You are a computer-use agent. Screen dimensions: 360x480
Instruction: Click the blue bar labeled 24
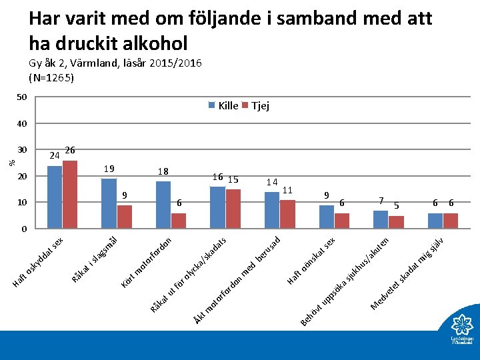tap(55, 197)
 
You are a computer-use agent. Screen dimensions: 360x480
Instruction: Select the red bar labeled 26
tap(70, 194)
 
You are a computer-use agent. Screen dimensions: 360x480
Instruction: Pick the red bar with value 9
tap(125, 217)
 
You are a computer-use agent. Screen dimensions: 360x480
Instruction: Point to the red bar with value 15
tap(233, 209)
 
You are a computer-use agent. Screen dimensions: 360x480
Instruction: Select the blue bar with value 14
tap(272, 210)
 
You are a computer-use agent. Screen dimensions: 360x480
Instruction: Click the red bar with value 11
tap(287, 214)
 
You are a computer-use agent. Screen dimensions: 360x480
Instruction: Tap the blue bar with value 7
tap(381, 219)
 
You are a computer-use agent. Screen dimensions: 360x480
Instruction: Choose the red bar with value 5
tap(396, 222)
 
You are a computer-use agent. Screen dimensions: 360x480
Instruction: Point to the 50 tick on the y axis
tap(21, 97)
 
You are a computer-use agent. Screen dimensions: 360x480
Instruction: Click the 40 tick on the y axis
tap(21, 123)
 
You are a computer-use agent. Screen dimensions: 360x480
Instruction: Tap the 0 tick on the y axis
tap(24, 229)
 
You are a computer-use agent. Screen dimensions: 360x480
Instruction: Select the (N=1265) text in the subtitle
tap(51, 77)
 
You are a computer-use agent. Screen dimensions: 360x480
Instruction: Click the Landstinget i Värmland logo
tap(461, 331)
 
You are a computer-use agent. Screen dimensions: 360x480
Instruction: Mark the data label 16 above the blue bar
tap(217, 177)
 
